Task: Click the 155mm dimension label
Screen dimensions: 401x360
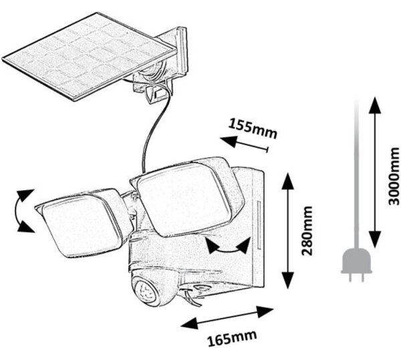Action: coord(253,128)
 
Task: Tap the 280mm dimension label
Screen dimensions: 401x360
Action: coord(307,230)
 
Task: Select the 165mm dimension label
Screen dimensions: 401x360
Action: coord(232,338)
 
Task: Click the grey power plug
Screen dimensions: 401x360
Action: coord(356,265)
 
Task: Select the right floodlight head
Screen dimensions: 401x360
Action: coord(186,196)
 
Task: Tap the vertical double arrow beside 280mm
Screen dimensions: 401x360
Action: coord(287,230)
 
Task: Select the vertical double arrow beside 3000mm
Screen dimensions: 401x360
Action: coord(375,172)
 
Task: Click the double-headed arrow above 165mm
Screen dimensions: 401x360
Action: coord(227,317)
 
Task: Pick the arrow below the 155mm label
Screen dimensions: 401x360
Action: coord(244,144)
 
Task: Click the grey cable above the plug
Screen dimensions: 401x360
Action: coord(356,174)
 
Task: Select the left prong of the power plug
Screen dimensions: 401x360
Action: coord(350,277)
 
